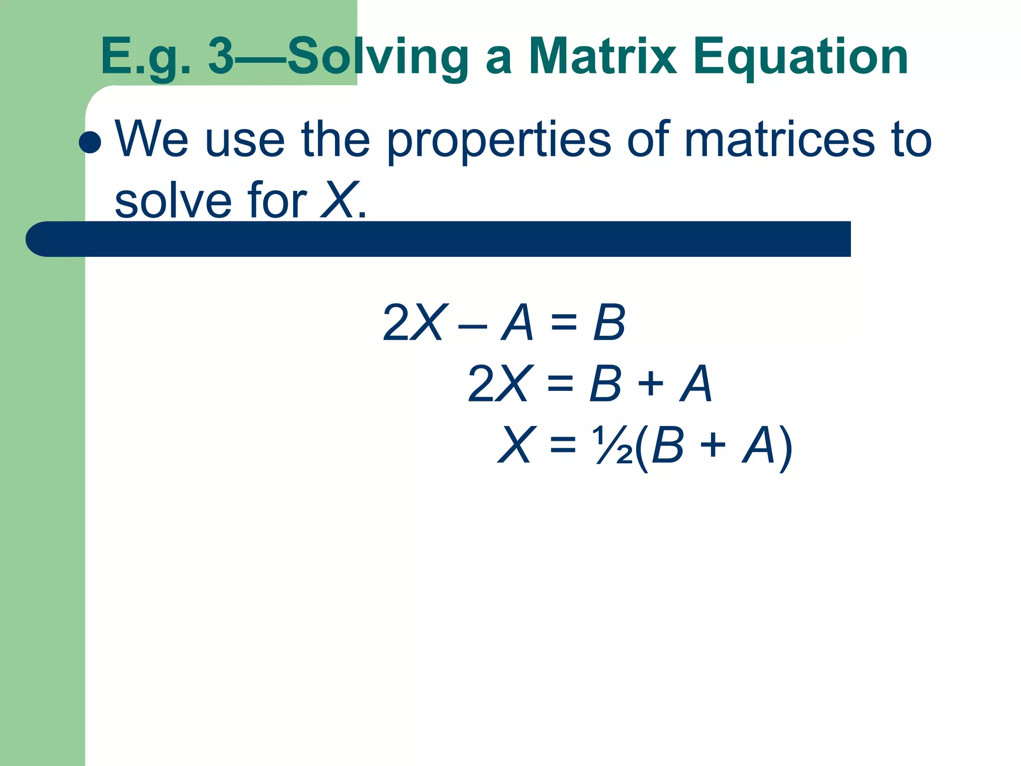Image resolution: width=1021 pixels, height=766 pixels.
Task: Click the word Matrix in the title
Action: tap(602, 57)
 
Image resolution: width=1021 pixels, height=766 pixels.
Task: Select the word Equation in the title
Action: tap(801, 58)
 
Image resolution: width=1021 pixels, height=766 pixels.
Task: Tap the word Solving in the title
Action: tap(378, 58)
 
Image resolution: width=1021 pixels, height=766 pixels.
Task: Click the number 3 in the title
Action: tap(221, 57)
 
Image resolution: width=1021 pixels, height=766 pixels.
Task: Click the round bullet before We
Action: tap(90, 142)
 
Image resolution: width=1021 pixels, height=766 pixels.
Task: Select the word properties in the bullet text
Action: tap(499, 141)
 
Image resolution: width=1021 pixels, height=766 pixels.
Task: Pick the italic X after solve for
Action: tap(340, 200)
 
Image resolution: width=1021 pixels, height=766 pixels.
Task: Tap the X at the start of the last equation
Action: tap(517, 444)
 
